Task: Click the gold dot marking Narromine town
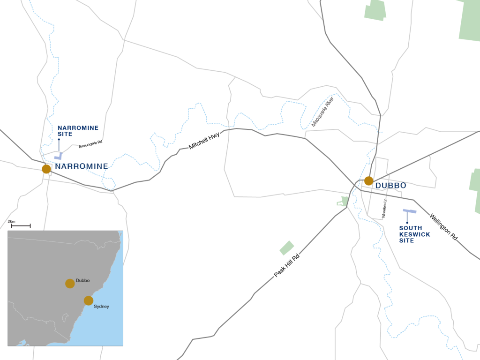(46, 169)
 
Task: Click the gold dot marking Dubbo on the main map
(368, 181)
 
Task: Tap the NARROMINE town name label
(82, 166)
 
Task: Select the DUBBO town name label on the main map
(390, 186)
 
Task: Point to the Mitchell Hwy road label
(204, 141)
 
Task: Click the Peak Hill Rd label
(286, 265)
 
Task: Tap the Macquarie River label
(323, 112)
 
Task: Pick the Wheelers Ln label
(384, 208)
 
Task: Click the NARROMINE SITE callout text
(72, 130)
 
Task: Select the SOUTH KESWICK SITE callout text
(414, 234)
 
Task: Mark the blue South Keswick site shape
(409, 212)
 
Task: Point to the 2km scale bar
(21, 226)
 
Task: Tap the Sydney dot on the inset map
(89, 300)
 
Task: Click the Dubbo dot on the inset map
(70, 283)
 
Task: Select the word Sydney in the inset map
(102, 306)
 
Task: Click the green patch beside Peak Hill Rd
(286, 248)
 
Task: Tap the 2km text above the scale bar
(12, 221)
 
